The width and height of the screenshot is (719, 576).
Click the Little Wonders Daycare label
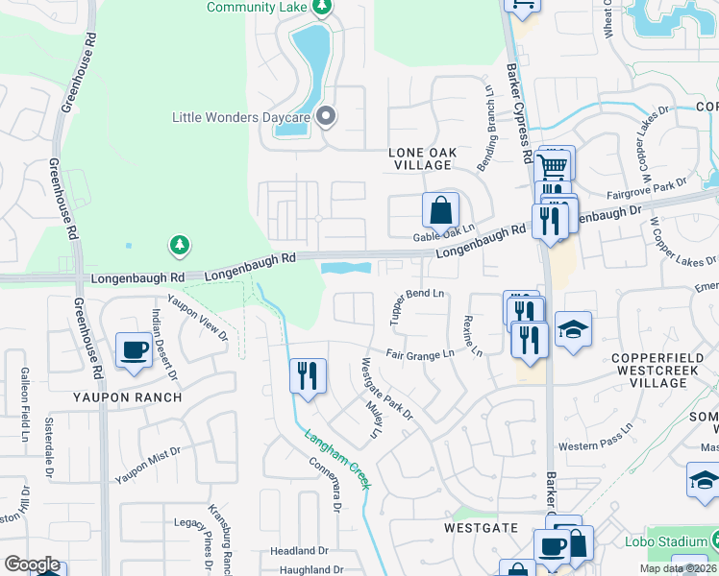point(240,118)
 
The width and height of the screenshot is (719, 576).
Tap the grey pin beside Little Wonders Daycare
point(326,117)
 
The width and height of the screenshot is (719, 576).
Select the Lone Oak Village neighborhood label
point(421,158)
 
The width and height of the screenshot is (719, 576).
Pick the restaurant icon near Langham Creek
point(308,375)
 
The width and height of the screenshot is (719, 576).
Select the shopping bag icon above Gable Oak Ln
point(439,209)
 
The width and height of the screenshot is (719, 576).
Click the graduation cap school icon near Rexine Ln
point(573,329)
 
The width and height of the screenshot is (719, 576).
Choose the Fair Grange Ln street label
point(420,354)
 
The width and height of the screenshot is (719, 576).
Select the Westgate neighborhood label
point(481,528)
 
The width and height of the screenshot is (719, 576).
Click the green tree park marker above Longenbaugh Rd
point(179,246)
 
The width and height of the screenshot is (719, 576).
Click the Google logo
point(32,564)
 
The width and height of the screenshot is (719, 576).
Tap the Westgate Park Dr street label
point(385,389)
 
